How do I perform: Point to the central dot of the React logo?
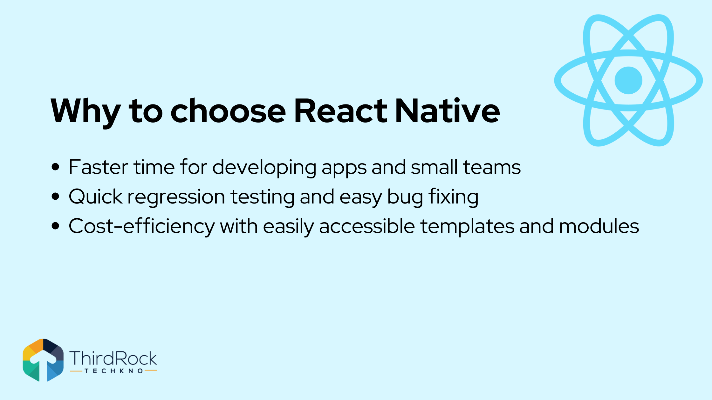[x=628, y=80]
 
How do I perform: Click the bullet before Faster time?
[x=55, y=167]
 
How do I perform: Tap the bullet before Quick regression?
[x=55, y=197]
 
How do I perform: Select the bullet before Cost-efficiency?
[x=55, y=226]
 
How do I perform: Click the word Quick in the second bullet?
[x=96, y=197]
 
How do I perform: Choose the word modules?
[x=599, y=226]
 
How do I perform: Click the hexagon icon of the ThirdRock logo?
[x=43, y=360]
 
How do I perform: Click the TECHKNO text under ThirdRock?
[x=113, y=371]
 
